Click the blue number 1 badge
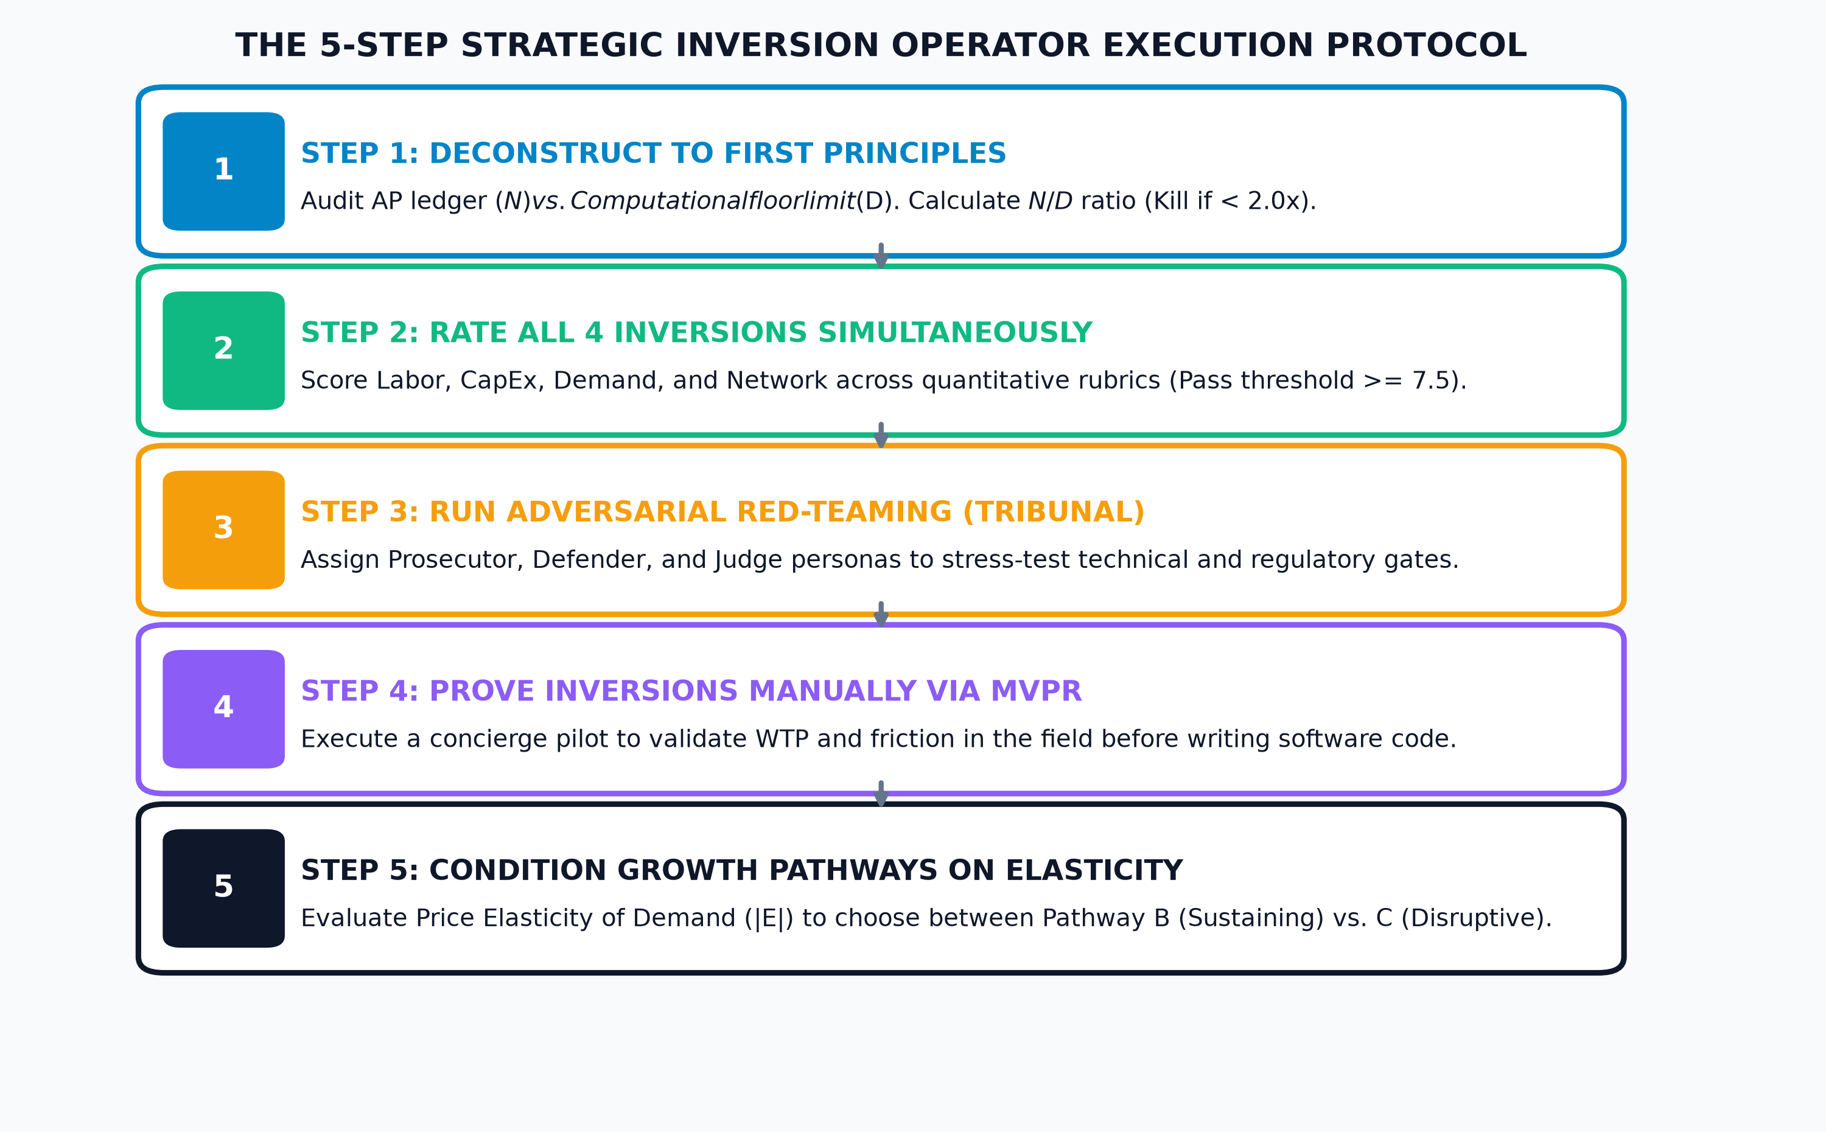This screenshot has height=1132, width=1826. click(x=223, y=172)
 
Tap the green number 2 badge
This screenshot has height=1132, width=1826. click(x=223, y=351)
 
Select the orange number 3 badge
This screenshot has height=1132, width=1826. click(x=223, y=530)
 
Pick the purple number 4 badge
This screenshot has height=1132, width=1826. click(x=223, y=709)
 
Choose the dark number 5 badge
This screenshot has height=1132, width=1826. click(x=223, y=888)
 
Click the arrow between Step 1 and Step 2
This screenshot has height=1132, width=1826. click(x=881, y=255)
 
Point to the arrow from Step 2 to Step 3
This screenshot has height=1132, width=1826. click(x=881, y=434)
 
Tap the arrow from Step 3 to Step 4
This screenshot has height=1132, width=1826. click(x=881, y=614)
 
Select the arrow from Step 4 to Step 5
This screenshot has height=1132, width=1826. click(x=881, y=793)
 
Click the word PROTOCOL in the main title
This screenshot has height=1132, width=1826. click(x=1426, y=46)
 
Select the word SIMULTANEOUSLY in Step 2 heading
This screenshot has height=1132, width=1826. click(x=955, y=332)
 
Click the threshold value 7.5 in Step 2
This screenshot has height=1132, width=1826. click(x=1429, y=380)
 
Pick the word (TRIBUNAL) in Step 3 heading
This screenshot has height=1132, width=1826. click(x=1054, y=512)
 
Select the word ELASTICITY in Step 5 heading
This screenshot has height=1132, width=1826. click(x=1094, y=871)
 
